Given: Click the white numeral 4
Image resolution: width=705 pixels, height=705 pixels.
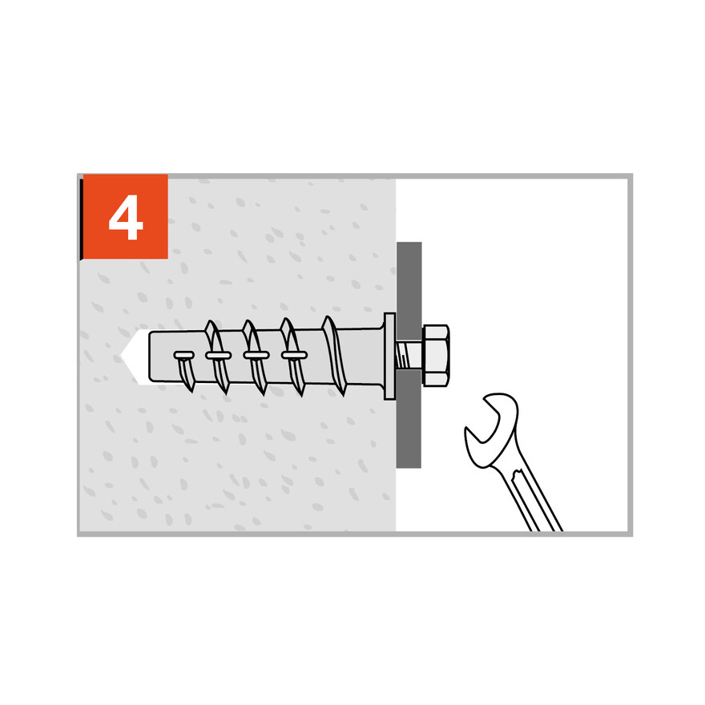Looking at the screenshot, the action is point(126,217).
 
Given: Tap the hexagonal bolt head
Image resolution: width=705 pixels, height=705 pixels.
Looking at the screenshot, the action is point(436,356).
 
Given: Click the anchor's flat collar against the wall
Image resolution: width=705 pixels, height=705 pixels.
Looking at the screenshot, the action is point(390,356).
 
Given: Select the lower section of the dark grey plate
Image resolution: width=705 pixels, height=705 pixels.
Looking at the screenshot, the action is point(409,418).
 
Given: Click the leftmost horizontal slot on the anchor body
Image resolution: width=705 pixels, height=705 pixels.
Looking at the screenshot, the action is point(184,356).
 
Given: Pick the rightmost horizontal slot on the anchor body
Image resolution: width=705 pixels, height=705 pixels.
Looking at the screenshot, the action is point(295,355).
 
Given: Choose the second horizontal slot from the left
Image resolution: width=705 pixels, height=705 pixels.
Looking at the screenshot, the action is point(219,356).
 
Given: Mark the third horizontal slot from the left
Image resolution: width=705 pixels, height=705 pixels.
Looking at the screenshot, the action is point(256,355).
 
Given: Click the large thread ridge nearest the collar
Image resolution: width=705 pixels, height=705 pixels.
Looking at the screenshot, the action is point(335,355).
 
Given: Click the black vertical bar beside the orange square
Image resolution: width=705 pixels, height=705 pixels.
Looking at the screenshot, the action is point(82,219).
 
